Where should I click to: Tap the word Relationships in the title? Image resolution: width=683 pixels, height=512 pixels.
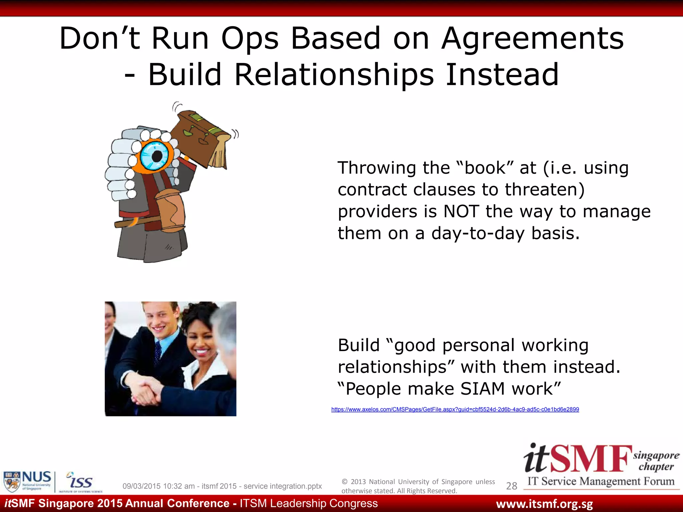click(x=334, y=75)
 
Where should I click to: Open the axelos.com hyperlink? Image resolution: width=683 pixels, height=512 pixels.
click(x=455, y=409)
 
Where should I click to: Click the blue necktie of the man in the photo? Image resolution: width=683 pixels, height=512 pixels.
click(x=158, y=350)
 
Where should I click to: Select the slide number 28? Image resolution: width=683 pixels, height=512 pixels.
click(x=512, y=486)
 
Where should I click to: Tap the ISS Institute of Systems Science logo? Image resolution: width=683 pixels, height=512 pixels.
click(x=80, y=482)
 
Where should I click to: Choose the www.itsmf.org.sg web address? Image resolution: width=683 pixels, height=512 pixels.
click(x=544, y=504)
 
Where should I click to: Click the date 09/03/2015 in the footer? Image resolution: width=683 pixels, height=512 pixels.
click(x=141, y=486)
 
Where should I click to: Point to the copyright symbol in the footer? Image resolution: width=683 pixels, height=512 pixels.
click(x=345, y=482)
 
